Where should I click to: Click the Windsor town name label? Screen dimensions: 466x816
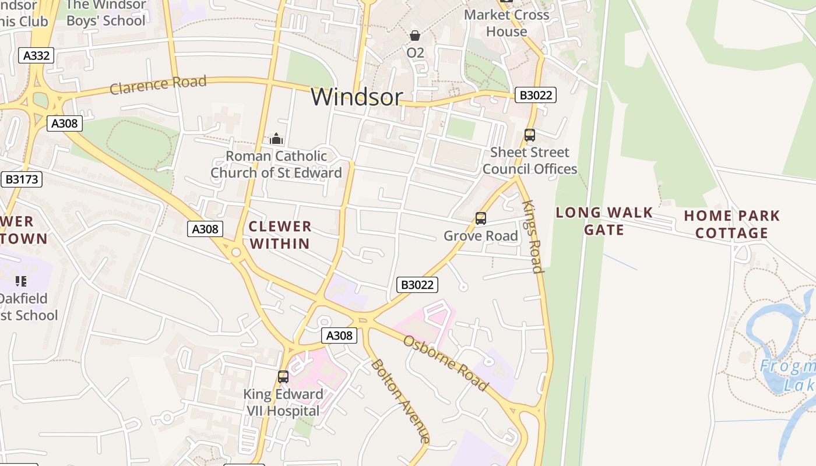[x=357, y=97]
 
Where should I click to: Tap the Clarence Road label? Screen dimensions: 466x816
[x=158, y=84]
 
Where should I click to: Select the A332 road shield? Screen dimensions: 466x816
[x=36, y=56]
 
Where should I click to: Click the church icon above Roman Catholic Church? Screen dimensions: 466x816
[x=276, y=139]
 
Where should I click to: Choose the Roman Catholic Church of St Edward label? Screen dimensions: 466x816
[x=276, y=164]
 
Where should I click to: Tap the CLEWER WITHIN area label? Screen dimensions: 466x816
[x=280, y=235]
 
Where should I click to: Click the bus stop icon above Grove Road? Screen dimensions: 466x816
[x=481, y=218]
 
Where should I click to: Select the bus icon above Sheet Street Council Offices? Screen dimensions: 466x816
[x=530, y=135]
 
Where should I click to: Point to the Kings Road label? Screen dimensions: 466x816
[x=533, y=236]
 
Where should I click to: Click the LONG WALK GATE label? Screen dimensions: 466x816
[x=604, y=221]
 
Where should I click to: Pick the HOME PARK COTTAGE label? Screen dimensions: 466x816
[x=732, y=224]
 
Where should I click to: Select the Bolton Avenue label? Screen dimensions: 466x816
[x=400, y=401]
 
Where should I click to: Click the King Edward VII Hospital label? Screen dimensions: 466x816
[x=283, y=403]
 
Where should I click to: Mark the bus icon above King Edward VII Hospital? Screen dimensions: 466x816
[x=283, y=377]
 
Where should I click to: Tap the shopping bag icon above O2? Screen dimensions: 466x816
[x=415, y=36]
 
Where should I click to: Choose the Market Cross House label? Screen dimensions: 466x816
[x=507, y=23]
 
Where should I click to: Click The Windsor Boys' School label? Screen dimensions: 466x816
[x=106, y=13]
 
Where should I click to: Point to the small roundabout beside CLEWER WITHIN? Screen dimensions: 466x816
[x=236, y=253]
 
